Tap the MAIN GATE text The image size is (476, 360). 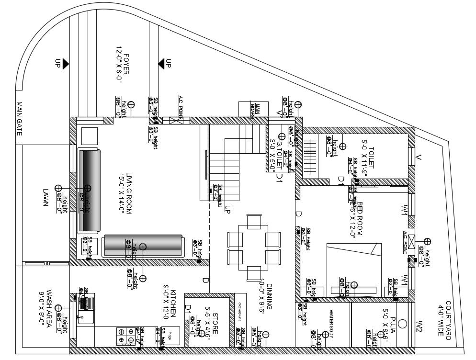point(20,118)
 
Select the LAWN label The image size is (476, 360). point(46,197)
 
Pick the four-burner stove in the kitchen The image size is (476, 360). point(125,335)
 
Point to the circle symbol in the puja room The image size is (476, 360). point(402,324)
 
